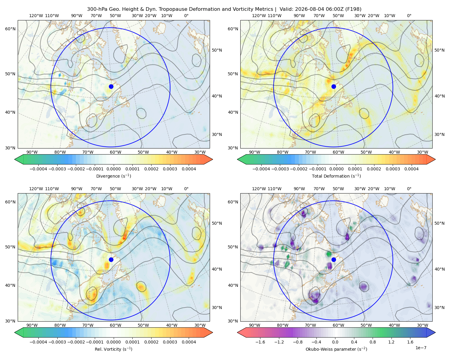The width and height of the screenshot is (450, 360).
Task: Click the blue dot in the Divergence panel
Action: pyautogui.click(x=111, y=86)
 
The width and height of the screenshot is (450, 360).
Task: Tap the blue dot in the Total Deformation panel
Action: pyautogui.click(x=334, y=86)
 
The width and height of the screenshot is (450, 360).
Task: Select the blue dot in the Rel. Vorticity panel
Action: pyautogui.click(x=111, y=259)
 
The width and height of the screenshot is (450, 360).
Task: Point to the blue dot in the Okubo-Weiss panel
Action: pyautogui.click(x=334, y=259)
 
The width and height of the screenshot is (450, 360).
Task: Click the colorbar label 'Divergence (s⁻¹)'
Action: pyautogui.click(x=113, y=176)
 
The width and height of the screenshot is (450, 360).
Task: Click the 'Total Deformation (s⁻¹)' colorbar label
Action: pyautogui.click(x=336, y=176)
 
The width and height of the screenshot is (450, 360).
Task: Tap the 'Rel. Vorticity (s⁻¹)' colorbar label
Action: pyautogui.click(x=113, y=349)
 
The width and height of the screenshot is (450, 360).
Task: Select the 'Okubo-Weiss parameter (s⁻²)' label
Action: pyautogui.click(x=336, y=349)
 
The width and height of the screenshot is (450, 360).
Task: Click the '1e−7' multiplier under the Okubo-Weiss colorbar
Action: pyautogui.click(x=421, y=348)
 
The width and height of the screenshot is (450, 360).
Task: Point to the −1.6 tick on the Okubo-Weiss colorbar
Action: pyautogui.click(x=260, y=342)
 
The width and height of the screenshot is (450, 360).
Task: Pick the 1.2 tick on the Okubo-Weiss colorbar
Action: pyautogui.click(x=391, y=342)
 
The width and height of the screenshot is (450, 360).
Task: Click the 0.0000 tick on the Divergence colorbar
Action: pyautogui.click(x=113, y=169)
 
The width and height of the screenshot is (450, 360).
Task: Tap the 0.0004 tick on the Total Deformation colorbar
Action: pyautogui.click(x=411, y=169)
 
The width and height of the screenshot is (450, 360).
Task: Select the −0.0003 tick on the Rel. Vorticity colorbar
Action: pyautogui.click(x=57, y=342)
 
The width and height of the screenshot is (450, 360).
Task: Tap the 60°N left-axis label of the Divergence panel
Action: pyautogui.click(x=10, y=29)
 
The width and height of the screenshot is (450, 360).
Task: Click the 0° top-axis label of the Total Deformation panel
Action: pyautogui.click(x=409, y=16)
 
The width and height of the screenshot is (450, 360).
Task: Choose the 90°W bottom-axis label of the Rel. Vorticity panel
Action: pyautogui.click(x=32, y=325)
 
